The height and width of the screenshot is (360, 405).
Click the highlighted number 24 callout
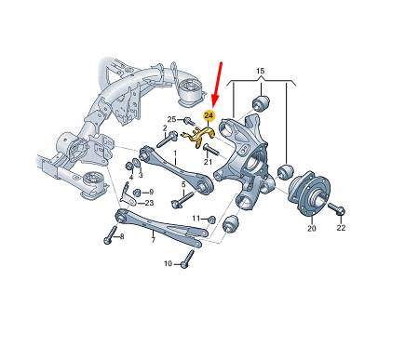[x=209, y=116]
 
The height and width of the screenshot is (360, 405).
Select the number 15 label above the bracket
[x=261, y=71]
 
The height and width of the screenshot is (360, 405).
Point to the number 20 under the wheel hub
[x=312, y=229]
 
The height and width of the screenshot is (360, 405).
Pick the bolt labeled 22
[x=336, y=208]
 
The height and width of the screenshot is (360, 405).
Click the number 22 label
[x=341, y=228]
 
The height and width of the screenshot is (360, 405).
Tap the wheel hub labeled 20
[x=308, y=192]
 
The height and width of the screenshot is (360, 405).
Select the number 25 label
[x=171, y=119]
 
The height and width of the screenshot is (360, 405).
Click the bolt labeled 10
[x=187, y=260]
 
